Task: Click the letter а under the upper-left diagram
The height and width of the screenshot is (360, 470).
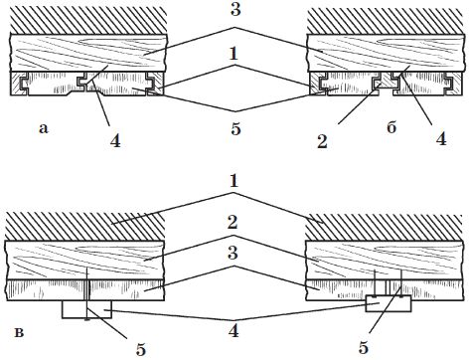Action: tap(44, 128)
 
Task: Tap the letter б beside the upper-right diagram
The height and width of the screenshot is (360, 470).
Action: tap(392, 126)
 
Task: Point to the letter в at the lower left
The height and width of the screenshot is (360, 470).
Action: tap(20, 332)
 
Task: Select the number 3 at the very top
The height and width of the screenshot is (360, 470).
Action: tap(235, 10)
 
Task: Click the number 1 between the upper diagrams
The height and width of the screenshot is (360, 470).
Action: tap(235, 54)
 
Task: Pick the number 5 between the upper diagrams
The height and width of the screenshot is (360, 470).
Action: tap(235, 128)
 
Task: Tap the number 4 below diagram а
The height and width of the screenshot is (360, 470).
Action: tap(115, 140)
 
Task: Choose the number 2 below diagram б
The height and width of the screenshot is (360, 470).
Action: tap(322, 142)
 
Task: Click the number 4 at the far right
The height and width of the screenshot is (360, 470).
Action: tap(441, 138)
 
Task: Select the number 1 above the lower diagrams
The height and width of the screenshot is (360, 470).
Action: tap(234, 181)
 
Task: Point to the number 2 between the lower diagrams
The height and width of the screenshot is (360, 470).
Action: tap(233, 222)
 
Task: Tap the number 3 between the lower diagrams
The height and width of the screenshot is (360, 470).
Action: tap(234, 254)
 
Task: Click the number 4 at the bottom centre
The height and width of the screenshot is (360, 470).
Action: tap(234, 330)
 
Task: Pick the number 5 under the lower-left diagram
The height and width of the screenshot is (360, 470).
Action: tap(141, 349)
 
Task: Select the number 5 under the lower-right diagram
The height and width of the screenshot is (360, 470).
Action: tap(364, 347)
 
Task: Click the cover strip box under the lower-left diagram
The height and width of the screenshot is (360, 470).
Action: tap(87, 309)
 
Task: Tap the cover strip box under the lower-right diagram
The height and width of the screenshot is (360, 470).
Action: tap(389, 303)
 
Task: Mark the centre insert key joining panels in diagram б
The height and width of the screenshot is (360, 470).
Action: tap(386, 82)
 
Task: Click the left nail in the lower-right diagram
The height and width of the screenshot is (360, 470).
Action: tap(375, 283)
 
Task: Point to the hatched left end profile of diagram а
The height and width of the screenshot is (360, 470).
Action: tap(19, 85)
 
